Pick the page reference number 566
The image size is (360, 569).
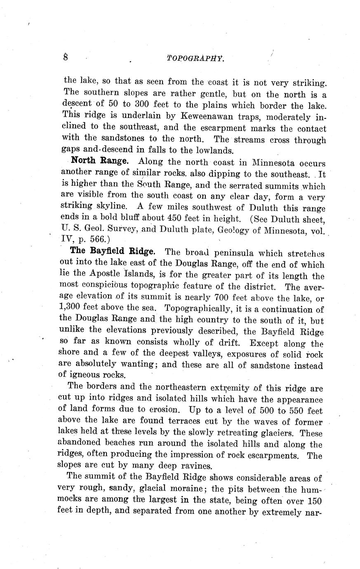click(98, 239)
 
